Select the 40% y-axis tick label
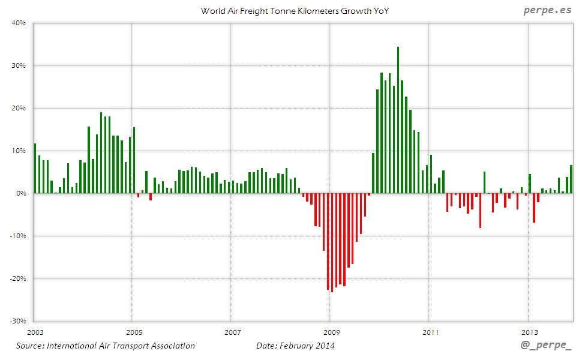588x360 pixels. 18,23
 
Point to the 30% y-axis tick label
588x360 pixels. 18,65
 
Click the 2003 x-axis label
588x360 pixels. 35,332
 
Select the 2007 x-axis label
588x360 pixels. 232,332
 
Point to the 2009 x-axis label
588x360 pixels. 331,332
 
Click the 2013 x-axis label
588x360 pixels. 529,332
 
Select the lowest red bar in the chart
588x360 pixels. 332,242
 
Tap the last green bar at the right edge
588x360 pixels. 571,179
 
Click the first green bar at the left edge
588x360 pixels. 35,168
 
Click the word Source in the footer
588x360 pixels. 31,346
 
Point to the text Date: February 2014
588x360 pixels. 295,346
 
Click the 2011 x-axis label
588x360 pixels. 430,332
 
